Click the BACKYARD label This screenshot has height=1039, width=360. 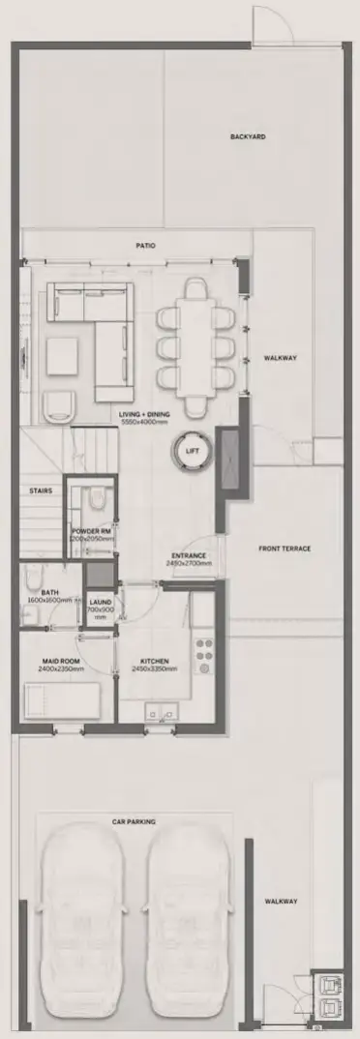[x=248, y=136]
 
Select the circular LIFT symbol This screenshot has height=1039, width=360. [x=193, y=450]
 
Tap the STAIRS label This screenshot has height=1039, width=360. [x=41, y=490]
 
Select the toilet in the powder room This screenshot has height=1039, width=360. [x=96, y=499]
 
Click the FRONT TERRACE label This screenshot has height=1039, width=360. [x=285, y=549]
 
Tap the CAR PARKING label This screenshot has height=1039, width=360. [x=134, y=821]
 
